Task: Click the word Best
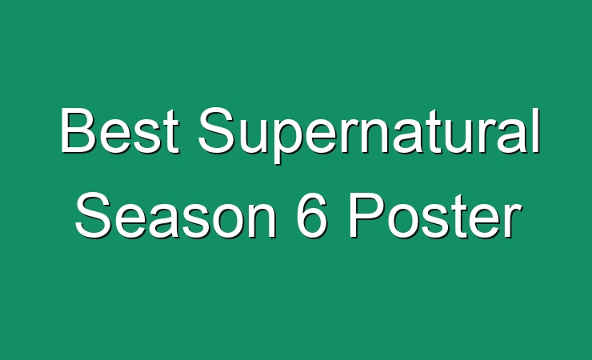(x=120, y=130)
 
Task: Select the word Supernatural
(x=370, y=135)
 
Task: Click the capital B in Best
(x=78, y=130)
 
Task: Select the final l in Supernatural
(x=538, y=130)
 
